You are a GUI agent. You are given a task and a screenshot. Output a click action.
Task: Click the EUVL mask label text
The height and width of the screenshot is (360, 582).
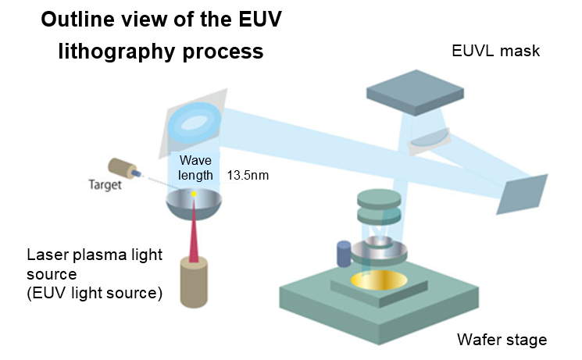pos(495,51)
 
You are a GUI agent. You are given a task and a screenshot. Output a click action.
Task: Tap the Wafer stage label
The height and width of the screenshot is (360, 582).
pos(502,340)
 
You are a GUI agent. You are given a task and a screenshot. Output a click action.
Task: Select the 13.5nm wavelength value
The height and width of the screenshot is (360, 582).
pos(248,175)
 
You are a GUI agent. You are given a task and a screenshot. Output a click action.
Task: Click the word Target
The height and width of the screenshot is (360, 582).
pos(105,184)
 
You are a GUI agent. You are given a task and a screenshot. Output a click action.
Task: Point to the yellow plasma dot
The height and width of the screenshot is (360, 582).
pos(194,194)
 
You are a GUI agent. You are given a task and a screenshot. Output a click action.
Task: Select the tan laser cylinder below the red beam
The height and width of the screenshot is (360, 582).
pos(194,282)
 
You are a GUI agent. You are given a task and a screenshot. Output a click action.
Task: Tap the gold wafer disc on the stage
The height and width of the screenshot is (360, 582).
pos(379,280)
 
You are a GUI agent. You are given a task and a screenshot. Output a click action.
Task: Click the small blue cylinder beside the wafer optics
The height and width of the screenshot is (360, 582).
pos(344,254)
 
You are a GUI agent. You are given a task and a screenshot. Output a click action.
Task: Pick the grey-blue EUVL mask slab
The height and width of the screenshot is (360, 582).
pos(415,92)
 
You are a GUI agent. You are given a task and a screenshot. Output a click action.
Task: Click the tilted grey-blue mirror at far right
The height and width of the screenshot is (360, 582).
pos(522,194)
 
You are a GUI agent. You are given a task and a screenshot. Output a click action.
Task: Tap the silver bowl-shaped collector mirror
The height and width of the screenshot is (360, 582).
pos(194,205)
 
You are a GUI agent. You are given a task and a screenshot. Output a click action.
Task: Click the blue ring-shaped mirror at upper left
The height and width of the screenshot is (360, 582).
pos(194,123)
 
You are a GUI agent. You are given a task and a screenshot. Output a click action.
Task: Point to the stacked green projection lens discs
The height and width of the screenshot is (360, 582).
pos(379,207)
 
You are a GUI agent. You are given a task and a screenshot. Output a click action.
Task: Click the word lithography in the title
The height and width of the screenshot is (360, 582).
pos(117,52)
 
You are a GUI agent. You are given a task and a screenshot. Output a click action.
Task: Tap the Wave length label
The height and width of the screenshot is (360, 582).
pos(195,168)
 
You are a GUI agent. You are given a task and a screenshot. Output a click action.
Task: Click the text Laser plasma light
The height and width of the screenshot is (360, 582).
pos(95,255)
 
